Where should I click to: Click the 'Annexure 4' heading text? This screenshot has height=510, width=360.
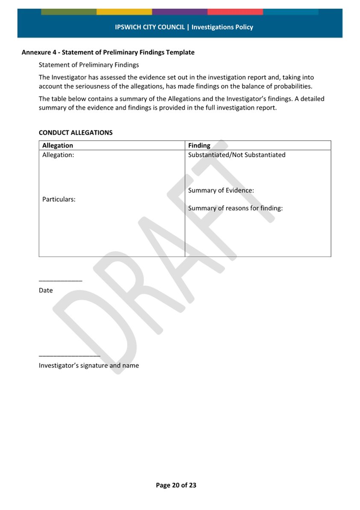(x=108, y=53)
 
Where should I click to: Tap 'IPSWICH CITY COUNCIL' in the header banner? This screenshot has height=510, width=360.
(x=150, y=27)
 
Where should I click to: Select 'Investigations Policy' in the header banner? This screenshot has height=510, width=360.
(x=222, y=27)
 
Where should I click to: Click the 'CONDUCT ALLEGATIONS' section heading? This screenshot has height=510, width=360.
(x=76, y=132)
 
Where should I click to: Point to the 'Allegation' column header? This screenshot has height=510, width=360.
(x=58, y=146)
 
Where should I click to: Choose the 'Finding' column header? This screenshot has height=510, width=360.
(x=199, y=146)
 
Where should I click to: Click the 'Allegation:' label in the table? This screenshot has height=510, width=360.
(x=58, y=155)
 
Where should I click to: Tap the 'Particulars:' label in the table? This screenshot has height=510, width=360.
(x=59, y=199)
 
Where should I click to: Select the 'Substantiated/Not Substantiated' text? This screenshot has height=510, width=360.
(x=237, y=155)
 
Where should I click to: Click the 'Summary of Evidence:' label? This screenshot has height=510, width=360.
(x=221, y=191)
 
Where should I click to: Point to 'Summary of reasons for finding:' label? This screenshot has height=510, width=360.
(x=235, y=208)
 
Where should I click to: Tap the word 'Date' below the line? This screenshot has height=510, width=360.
(x=46, y=290)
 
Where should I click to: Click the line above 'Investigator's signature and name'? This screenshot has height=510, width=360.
(x=69, y=355)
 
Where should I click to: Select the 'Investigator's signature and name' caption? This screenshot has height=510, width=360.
(x=89, y=366)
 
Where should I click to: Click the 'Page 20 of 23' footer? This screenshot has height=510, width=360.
(x=176, y=485)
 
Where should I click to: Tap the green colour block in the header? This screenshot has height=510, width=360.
(x=69, y=12)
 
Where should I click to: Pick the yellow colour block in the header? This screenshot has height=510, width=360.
(x=124, y=12)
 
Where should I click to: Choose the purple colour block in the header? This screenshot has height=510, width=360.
(x=180, y=12)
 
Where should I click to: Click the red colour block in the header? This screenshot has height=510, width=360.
(x=235, y=12)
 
